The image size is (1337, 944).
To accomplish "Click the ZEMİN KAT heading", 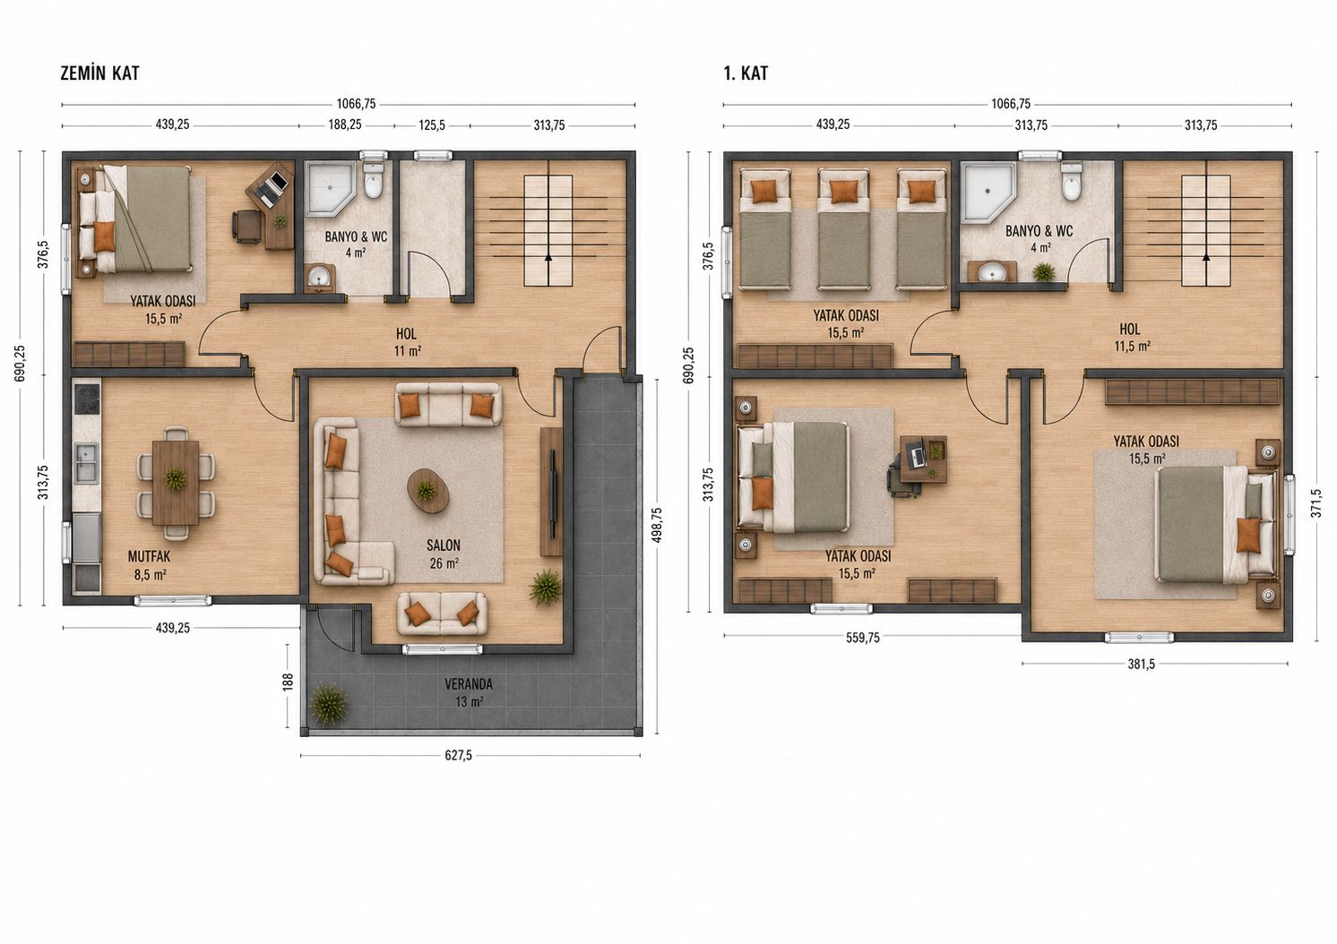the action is [99, 73].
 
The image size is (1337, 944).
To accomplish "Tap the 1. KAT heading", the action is [746, 73].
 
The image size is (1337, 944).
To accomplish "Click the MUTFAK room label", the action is [150, 557].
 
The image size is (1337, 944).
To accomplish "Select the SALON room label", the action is [444, 545].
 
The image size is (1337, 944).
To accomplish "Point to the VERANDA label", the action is [469, 684].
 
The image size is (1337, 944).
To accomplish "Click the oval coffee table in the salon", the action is [427, 491].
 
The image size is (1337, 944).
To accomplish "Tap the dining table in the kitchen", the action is [176, 482].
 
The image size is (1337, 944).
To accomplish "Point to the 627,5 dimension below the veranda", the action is [459, 755].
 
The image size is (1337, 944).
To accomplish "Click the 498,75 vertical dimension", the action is [657, 525].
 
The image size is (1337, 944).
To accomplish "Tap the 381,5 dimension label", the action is [1142, 665].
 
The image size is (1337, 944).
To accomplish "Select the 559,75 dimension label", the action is [863, 638].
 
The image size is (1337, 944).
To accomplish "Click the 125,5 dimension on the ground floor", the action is [432, 125].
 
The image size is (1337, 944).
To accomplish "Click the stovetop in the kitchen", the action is [87, 399].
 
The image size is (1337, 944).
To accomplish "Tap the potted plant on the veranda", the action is [328, 704].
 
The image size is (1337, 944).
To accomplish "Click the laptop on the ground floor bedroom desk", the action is [272, 187].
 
